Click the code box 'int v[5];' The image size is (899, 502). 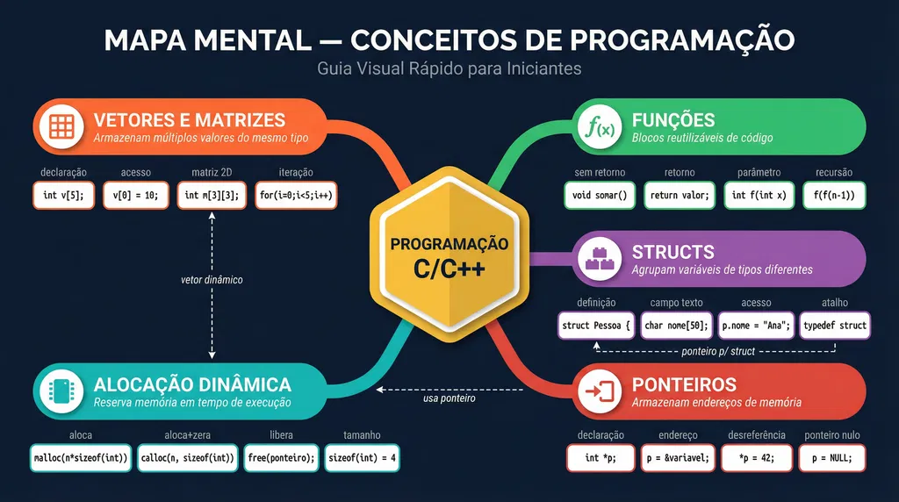tap(63, 196)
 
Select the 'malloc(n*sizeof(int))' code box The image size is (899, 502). tap(81, 458)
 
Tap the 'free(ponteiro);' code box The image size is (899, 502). tap(281, 458)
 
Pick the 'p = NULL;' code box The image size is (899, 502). tap(832, 458)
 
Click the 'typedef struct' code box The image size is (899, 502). tap(835, 326)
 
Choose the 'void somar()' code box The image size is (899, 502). tap(600, 196)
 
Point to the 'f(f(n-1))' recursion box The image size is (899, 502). tap(834, 196)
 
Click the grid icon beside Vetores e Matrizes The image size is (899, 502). tap(61, 126)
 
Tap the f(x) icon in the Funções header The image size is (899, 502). tap(600, 126)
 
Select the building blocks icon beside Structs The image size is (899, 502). tap(600, 259)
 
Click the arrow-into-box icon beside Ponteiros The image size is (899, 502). tap(600, 391)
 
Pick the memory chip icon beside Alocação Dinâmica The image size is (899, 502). tap(61, 391)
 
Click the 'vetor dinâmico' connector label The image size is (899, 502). tap(212, 280)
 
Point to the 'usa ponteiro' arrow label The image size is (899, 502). tap(449, 398)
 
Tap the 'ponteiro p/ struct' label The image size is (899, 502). tap(718, 351)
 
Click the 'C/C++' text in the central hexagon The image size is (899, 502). tap(449, 269)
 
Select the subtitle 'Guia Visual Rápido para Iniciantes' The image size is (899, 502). tap(449, 68)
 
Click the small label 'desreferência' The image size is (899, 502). tap(757, 435)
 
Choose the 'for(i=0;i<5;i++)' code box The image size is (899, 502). tap(296, 196)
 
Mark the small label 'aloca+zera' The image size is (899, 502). tap(188, 435)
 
